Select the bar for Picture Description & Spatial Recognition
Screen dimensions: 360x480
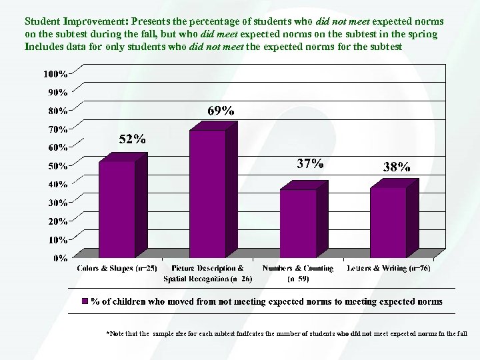pyautogui.click(x=207, y=193)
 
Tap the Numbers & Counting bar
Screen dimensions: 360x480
pyautogui.click(x=298, y=223)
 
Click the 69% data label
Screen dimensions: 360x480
pyautogui.click(x=221, y=111)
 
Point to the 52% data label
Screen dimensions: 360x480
pyautogui.click(x=132, y=139)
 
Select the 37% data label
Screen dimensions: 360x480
pyautogui.click(x=310, y=163)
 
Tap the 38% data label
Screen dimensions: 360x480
pyautogui.click(x=397, y=167)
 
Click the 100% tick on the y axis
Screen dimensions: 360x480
pyautogui.click(x=55, y=73)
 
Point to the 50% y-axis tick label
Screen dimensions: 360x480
pyautogui.click(x=57, y=165)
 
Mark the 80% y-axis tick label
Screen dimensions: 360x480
pyautogui.click(x=57, y=110)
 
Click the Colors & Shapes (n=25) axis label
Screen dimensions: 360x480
pyautogui.click(x=117, y=268)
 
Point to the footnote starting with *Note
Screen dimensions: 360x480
pyautogui.click(x=287, y=332)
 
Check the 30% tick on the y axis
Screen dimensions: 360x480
pyautogui.click(x=57, y=202)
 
